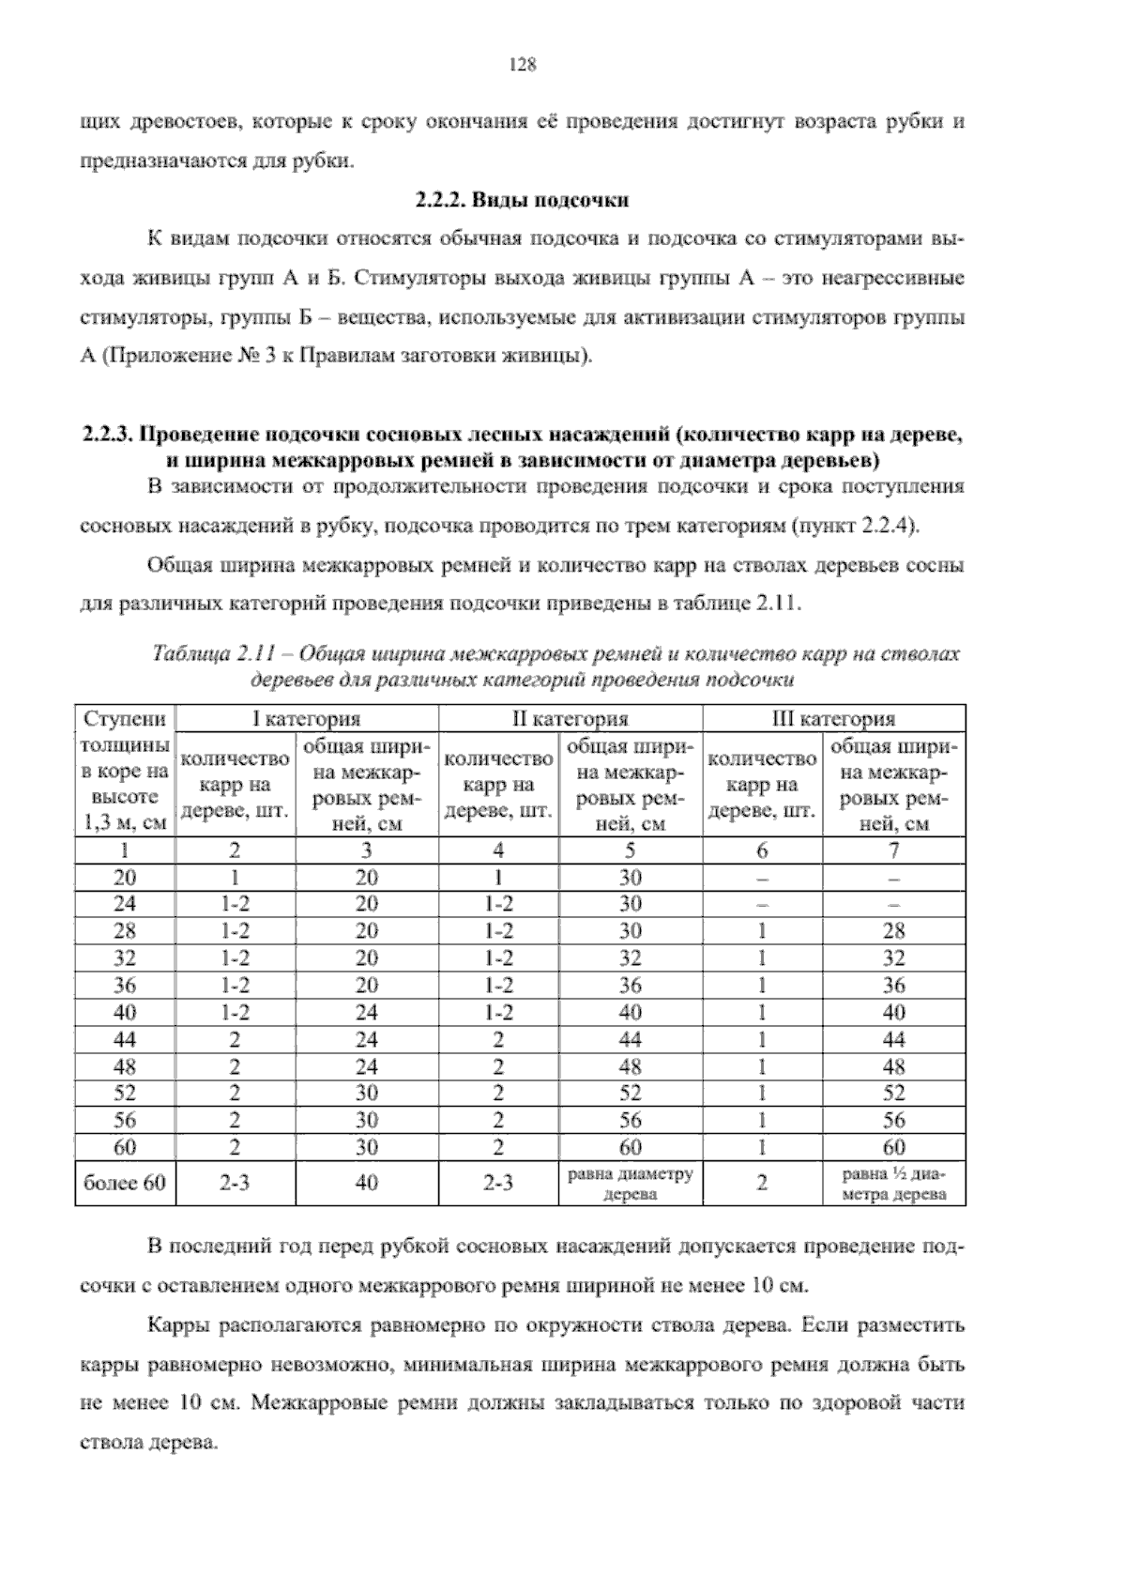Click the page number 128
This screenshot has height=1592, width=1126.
pyautogui.click(x=521, y=65)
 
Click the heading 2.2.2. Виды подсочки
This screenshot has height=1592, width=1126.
pyautogui.click(x=521, y=200)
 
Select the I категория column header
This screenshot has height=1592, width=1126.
pyautogui.click(x=307, y=719)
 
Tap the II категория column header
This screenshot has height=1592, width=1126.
pyautogui.click(x=570, y=719)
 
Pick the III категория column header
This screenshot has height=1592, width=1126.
pyautogui.click(x=833, y=719)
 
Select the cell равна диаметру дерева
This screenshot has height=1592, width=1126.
pyautogui.click(x=630, y=1184)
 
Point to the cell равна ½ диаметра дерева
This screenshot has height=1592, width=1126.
pyautogui.click(x=893, y=1184)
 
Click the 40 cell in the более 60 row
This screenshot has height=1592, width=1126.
pyautogui.click(x=367, y=1183)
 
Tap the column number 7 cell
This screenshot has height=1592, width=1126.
pyautogui.click(x=893, y=850)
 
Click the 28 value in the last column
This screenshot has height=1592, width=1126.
pyautogui.click(x=893, y=931)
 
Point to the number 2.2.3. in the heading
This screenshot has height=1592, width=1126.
pyautogui.click(x=110, y=436)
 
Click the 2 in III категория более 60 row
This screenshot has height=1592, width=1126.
pyautogui.click(x=762, y=1183)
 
